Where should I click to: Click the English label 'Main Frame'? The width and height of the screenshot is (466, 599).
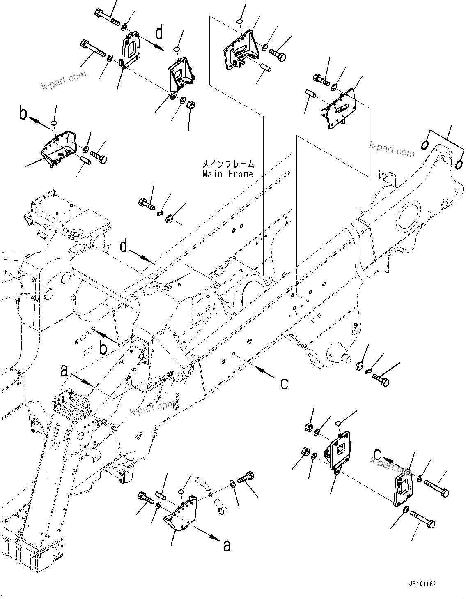click(228, 174)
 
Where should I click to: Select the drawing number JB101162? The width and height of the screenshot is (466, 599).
click(422, 583)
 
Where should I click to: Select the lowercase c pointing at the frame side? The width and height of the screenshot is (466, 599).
click(284, 383)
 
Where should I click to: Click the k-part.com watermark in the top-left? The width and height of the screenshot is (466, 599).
click(64, 80)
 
